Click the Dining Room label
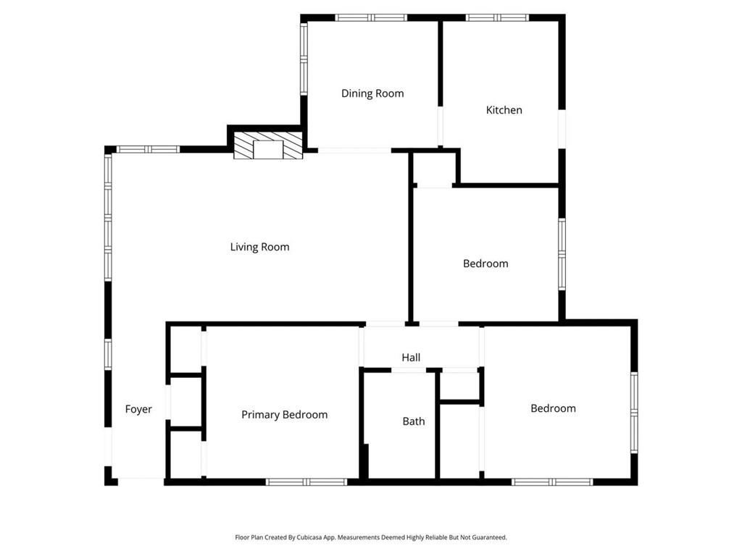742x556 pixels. (372, 93)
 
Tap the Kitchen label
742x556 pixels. (504, 110)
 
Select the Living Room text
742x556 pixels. (259, 247)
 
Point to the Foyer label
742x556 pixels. (138, 409)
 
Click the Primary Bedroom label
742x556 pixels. (284, 415)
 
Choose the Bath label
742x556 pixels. (414, 421)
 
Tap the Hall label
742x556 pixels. (411, 358)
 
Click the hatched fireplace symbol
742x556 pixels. (268, 146)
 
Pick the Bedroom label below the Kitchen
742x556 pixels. (485, 264)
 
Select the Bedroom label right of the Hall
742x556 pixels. (553, 408)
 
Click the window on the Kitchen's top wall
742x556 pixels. (497, 17)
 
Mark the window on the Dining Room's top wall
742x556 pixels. (370, 17)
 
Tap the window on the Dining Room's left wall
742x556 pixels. (304, 58)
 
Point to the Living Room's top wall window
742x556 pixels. (148, 150)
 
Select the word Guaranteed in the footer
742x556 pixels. (489, 538)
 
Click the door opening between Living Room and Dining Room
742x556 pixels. (354, 151)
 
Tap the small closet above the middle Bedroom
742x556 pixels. (434, 169)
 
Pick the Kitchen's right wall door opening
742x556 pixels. (562, 129)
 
